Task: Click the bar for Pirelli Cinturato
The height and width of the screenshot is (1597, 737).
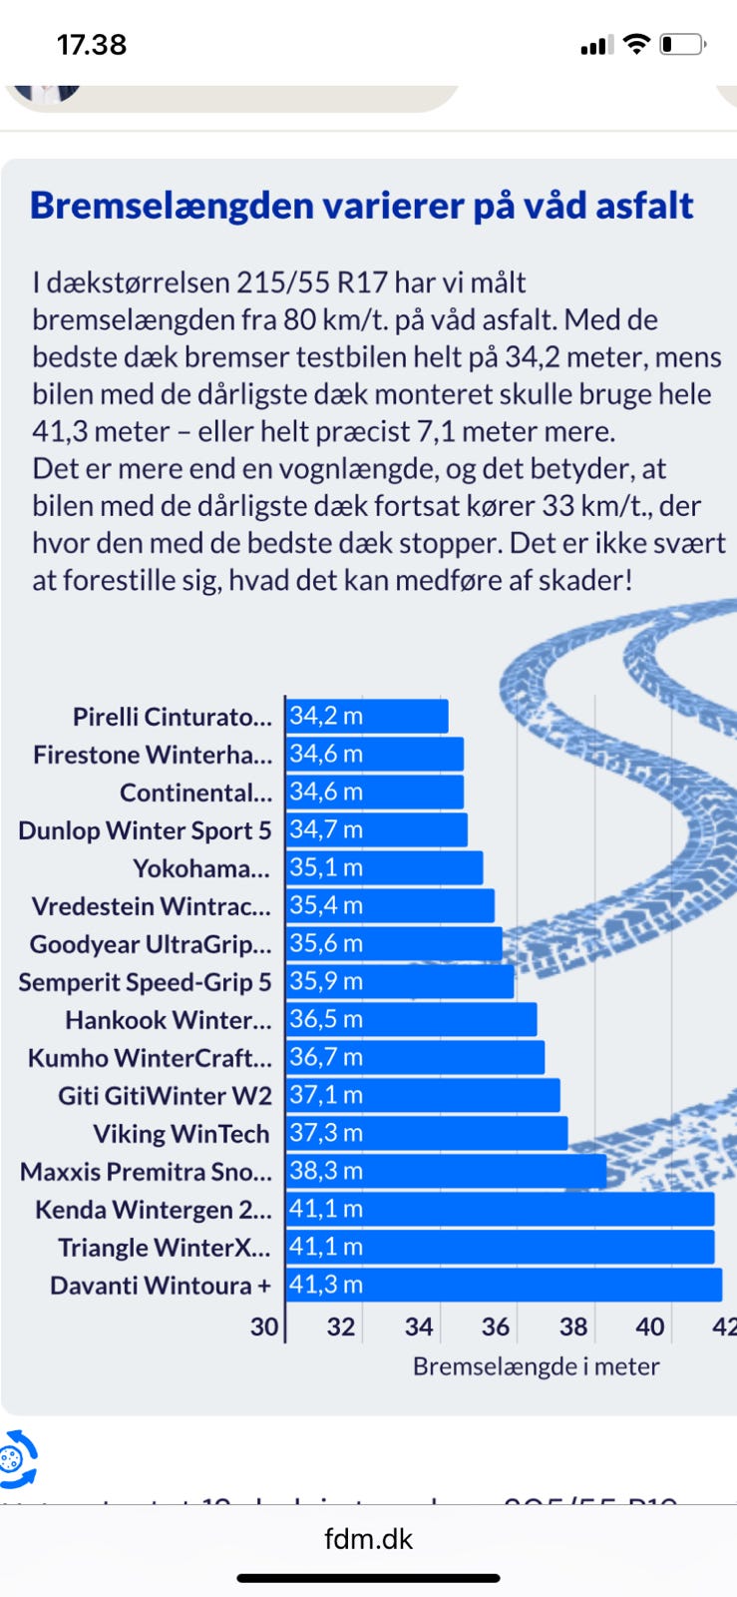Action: (367, 716)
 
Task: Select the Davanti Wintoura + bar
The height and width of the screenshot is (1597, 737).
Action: (504, 1285)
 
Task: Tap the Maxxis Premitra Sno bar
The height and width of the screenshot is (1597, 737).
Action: (446, 1171)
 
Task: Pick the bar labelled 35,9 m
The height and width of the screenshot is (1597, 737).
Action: (400, 981)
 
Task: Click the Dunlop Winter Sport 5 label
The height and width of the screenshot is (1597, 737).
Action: (145, 830)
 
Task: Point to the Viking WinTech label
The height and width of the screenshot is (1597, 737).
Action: (182, 1134)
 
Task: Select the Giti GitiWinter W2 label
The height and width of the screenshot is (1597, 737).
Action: (165, 1096)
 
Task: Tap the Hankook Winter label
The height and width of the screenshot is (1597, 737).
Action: (169, 1020)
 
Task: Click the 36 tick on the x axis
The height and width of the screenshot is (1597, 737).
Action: (496, 1327)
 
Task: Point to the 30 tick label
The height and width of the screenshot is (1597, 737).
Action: (264, 1327)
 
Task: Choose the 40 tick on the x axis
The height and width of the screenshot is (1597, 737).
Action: (650, 1327)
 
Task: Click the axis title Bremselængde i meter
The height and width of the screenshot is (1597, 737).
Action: (536, 1366)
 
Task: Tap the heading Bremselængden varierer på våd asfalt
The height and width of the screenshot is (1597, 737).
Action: (361, 206)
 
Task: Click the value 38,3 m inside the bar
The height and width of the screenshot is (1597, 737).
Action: (326, 1171)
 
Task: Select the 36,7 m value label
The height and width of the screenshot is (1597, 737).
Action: (326, 1057)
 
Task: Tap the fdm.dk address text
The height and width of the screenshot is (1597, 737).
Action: (368, 1538)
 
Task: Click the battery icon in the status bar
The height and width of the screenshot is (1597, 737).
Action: (682, 45)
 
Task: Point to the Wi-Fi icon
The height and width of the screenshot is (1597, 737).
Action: (635, 44)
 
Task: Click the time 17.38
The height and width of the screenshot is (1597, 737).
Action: (92, 45)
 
